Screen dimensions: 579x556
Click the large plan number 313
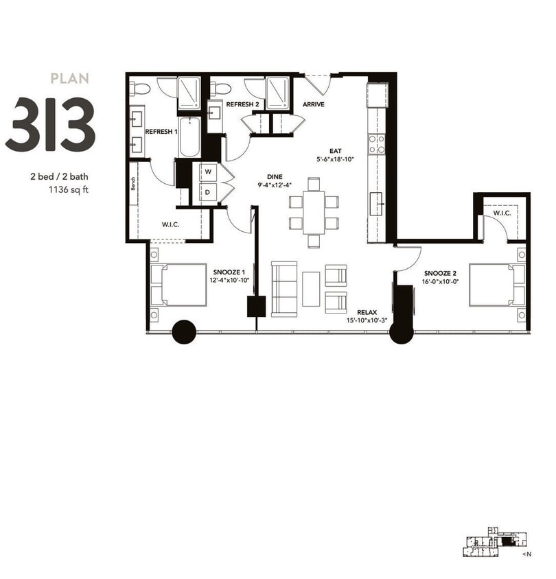click(x=50, y=125)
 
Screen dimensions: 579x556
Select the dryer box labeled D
click(x=207, y=192)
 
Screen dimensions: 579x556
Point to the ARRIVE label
click(x=313, y=105)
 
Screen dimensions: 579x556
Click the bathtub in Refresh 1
click(x=189, y=137)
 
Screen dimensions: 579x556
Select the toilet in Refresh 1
click(x=141, y=88)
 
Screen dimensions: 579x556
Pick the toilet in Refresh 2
click(x=220, y=88)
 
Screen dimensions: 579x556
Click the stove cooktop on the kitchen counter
click(x=377, y=144)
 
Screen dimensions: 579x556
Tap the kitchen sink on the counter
click(x=378, y=203)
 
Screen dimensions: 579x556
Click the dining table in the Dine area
click(x=314, y=212)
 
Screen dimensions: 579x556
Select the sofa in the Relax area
click(x=283, y=289)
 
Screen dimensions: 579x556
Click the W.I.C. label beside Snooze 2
click(x=501, y=214)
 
